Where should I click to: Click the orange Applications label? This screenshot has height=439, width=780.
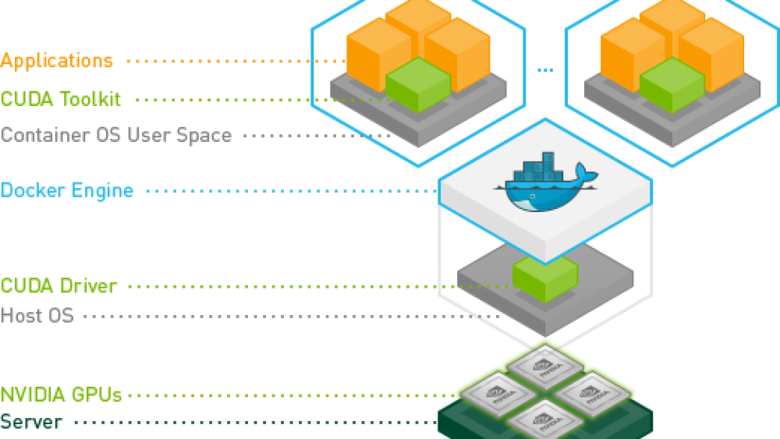[57, 60]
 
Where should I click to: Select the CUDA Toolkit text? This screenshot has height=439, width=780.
[61, 99]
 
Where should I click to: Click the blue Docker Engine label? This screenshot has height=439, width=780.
[67, 190]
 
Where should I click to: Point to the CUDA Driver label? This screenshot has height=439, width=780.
[59, 285]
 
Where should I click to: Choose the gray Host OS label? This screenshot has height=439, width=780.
[37, 316]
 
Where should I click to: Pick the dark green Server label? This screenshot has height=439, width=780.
[31, 422]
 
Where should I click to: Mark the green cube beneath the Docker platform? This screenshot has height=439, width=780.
[544, 278]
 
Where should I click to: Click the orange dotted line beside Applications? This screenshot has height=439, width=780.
[234, 61]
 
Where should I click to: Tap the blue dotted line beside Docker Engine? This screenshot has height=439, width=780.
[289, 191]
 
